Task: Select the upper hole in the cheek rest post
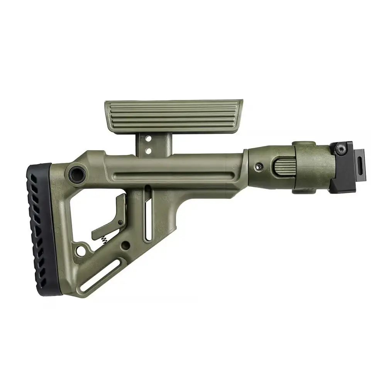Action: [148, 137]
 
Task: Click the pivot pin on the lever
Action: [120, 222]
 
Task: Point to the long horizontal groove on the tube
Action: [174, 178]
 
